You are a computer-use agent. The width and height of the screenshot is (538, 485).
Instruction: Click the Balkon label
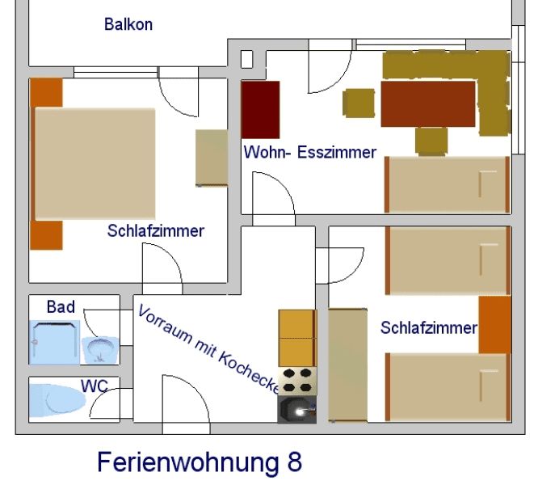click(128, 24)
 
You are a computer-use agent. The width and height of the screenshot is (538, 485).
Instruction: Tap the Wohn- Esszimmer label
click(310, 152)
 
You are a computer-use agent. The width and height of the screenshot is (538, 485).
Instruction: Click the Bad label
click(61, 307)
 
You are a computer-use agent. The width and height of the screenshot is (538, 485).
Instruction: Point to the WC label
click(94, 385)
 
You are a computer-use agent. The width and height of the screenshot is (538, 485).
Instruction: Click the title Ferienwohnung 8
click(200, 462)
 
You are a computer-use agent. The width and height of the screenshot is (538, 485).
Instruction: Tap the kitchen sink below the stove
click(297, 409)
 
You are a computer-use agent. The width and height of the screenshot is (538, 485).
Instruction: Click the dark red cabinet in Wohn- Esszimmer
click(260, 110)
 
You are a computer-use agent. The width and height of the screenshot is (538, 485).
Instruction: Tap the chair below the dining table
click(431, 141)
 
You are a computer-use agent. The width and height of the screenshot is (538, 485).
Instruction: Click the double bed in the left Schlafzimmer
click(95, 163)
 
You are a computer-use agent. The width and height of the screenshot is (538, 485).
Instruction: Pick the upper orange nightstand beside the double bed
click(47, 93)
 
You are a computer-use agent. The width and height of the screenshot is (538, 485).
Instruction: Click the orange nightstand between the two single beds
click(494, 325)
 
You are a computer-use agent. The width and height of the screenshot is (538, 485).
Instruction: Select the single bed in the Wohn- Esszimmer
click(446, 184)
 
